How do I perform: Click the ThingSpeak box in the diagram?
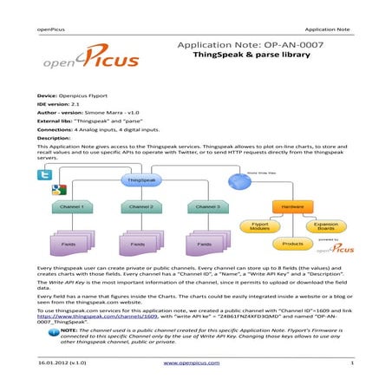pos(140,180)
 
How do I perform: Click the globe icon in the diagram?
pos(238,180)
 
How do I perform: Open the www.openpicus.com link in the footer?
pos(195,362)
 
